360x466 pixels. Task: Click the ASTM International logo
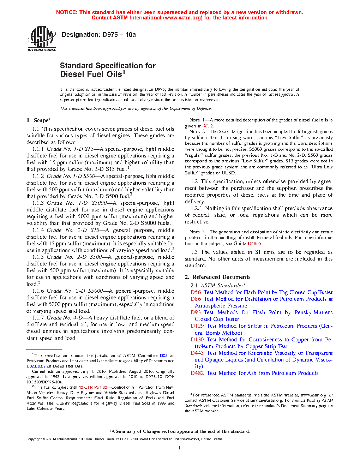click(42, 39)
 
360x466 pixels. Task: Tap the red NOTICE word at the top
click(67, 12)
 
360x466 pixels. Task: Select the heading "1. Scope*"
click(39, 120)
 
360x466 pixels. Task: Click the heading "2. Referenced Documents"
click(217, 277)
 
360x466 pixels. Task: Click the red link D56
click(196, 292)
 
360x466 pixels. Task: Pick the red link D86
click(196, 299)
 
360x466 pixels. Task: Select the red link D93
click(196, 312)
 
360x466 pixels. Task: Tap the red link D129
click(197, 326)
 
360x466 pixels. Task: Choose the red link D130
click(197, 340)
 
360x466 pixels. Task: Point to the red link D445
click(197, 353)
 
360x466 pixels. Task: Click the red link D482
click(197, 373)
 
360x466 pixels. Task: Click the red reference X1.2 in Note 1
click(208, 126)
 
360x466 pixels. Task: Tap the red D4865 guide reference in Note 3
click(254, 244)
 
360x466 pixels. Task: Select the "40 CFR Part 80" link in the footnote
click(92, 387)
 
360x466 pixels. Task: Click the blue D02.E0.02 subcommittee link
click(36, 366)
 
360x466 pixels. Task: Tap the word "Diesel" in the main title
click(72, 74)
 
